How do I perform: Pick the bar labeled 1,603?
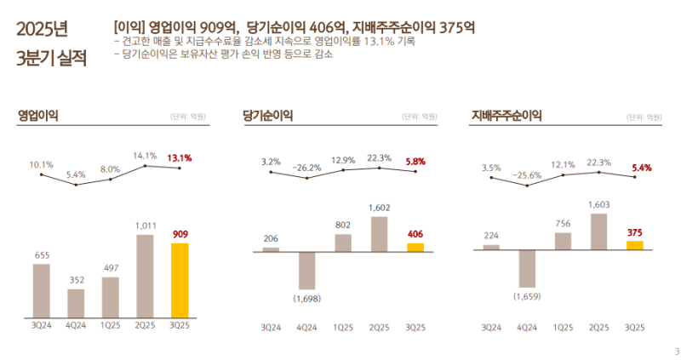tap(599, 231)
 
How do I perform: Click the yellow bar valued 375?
tap(634, 245)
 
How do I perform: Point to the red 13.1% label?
tap(180, 157)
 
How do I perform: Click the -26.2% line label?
tap(306, 168)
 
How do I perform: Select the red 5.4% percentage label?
tap(640, 168)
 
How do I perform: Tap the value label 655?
tap(42, 254)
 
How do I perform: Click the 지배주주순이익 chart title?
tap(506, 117)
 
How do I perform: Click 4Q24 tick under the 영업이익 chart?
tap(76, 327)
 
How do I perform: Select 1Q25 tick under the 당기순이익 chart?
tap(343, 327)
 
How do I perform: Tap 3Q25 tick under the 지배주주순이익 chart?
tap(634, 327)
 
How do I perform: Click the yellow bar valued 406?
tap(415, 248)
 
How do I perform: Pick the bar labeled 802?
tap(343, 243)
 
